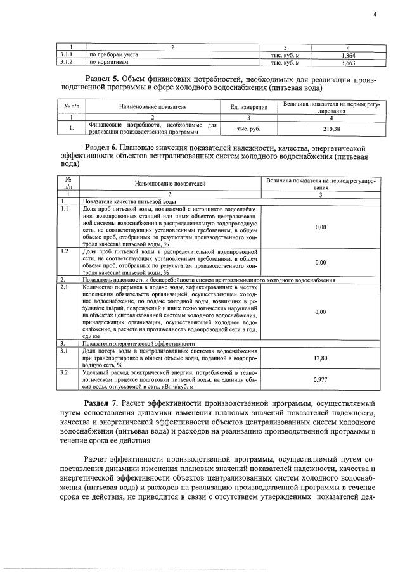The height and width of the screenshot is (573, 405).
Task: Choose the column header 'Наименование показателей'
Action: pos(170,182)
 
